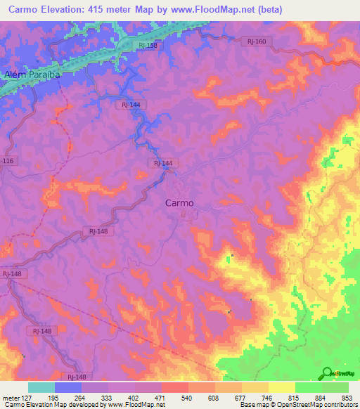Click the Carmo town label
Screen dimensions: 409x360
tap(179, 202)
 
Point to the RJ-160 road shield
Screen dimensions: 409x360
tap(257, 41)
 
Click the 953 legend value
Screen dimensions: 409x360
tap(345, 398)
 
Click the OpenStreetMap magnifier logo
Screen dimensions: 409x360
tap(328, 373)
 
